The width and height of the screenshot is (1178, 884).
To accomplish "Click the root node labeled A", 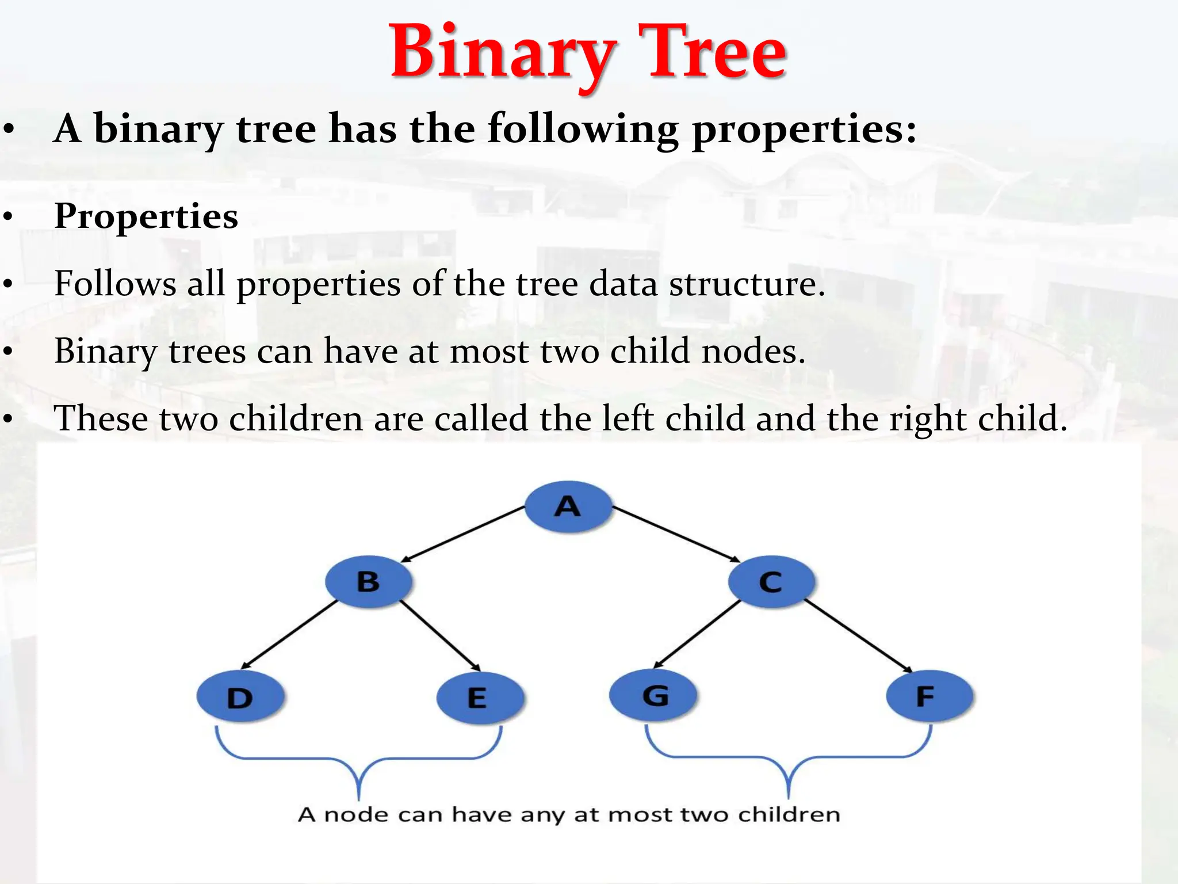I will (568, 506).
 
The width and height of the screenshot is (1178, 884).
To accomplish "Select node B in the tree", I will (368, 581).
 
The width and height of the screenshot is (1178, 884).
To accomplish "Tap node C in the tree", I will (771, 581).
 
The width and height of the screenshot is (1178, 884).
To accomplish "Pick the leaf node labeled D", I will (240, 698).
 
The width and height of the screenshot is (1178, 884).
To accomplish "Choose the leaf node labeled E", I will (479, 698).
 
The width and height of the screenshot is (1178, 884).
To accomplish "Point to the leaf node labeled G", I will (654, 695).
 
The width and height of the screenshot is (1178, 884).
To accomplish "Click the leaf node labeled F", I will (929, 696).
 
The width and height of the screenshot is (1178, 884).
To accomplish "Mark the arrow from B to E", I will (441, 636).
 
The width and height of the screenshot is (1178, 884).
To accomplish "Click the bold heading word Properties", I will (146, 217).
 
